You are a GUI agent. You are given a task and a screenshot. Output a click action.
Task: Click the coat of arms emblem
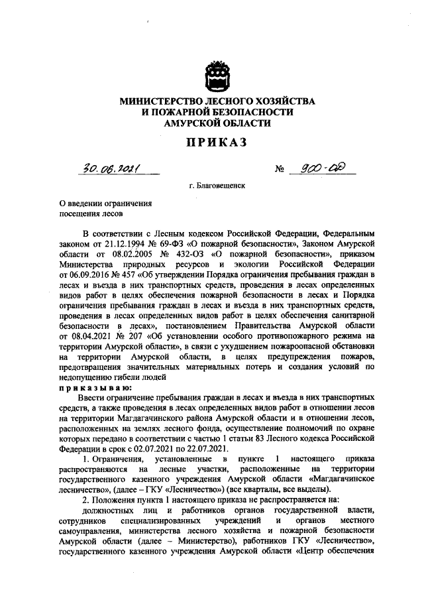(217, 76)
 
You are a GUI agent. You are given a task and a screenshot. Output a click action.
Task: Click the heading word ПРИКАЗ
(217, 143)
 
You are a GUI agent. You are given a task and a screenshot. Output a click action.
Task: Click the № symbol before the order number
(279, 170)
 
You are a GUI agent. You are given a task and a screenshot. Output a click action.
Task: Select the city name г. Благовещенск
(217, 186)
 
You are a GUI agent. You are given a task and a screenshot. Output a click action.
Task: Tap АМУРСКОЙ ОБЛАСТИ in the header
(217, 123)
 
